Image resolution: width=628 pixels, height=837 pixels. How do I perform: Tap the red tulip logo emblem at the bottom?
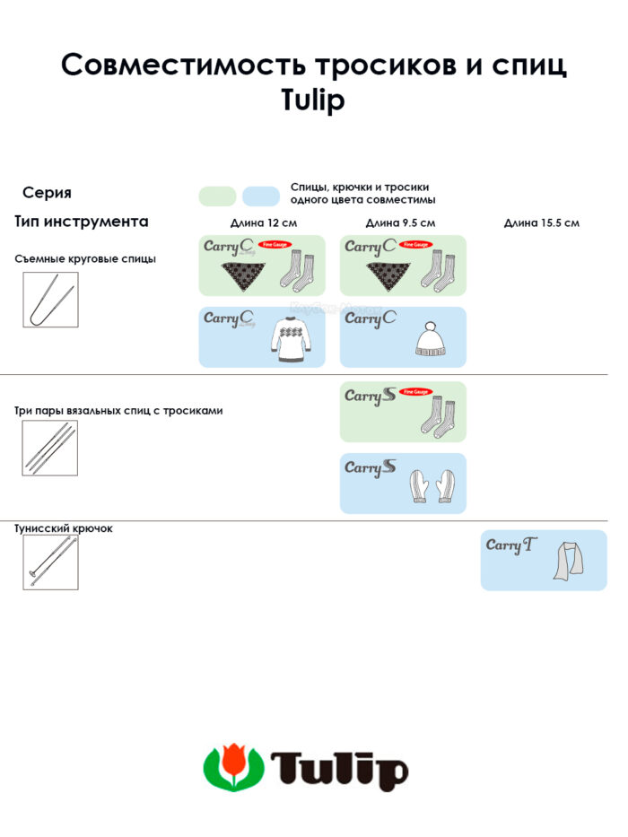point(233,767)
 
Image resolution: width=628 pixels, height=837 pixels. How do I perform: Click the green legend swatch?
point(217,196)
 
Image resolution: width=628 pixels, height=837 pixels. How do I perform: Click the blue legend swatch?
point(261,196)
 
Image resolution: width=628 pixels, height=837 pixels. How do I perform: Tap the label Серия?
point(47,193)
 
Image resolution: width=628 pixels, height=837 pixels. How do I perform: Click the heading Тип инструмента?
point(82,222)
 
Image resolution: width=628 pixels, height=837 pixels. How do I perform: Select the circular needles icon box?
point(50,300)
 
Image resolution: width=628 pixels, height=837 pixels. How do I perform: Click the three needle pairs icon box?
point(50,448)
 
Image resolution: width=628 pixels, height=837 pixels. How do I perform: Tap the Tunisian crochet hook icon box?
point(50,562)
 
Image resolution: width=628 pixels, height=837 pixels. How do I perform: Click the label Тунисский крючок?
point(64,528)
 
